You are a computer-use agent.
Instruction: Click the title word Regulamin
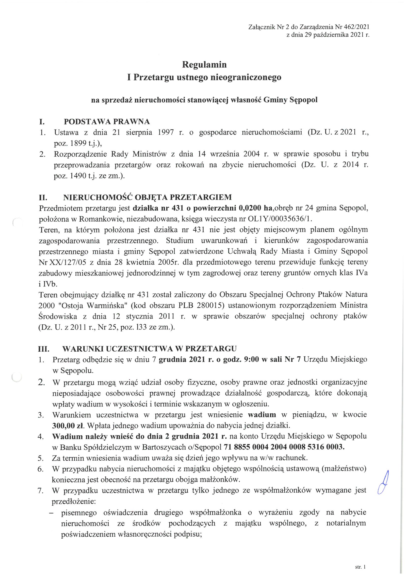[x=204, y=65]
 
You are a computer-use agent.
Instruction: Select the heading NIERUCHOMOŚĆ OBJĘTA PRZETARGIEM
[x=147, y=197]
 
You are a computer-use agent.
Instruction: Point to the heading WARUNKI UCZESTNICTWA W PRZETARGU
[x=149, y=348]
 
